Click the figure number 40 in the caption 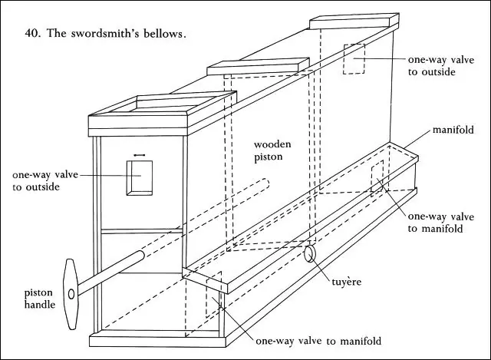[32, 33]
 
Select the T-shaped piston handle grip [71, 294]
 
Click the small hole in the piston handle [71, 294]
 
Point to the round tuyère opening [310, 253]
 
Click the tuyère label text [346, 282]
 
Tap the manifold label [453, 130]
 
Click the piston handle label [40, 299]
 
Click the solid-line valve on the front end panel [140, 178]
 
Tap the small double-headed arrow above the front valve [140, 155]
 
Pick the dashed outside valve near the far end [354, 59]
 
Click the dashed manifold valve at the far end [377, 179]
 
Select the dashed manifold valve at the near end [213, 295]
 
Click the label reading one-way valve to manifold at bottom [318, 341]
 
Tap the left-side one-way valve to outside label [45, 180]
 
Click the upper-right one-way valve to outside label [441, 66]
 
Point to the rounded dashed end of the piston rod [265, 183]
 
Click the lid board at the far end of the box [354, 21]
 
